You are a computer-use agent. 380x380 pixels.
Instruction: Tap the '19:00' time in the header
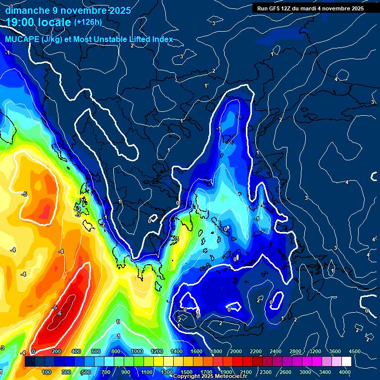[19, 22]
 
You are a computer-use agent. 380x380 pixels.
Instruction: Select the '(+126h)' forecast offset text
[88, 22]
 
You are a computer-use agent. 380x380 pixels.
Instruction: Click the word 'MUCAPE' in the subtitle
[22, 40]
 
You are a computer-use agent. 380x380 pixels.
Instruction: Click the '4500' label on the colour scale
[354, 351]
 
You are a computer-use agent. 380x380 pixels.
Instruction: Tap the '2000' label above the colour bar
[236, 351]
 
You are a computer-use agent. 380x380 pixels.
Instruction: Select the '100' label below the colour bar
[47, 372]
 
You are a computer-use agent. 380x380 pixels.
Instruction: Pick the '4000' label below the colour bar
[345, 372]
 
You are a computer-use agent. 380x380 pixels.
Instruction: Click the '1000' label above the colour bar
[137, 351]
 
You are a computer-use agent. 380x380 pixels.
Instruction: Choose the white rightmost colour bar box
[346, 362]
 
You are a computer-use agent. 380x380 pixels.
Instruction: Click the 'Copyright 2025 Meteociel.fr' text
[210, 377]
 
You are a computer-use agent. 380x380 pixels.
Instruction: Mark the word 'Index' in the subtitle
[161, 40]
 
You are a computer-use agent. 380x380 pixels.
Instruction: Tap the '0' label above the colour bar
[33, 351]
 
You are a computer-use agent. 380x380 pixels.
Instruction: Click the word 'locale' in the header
[52, 22]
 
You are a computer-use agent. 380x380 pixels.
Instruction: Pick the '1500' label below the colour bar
[187, 372]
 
